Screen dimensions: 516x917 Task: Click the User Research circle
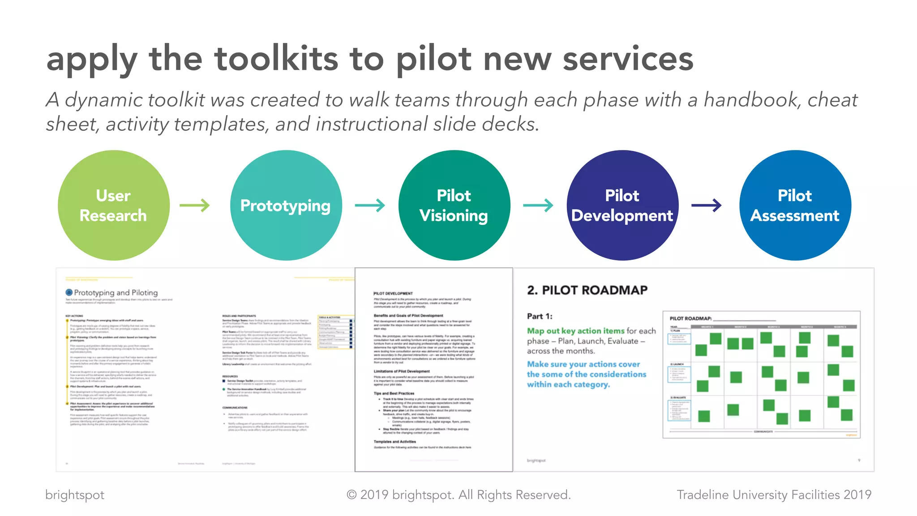click(x=113, y=205)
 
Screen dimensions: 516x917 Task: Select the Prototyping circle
click(x=286, y=205)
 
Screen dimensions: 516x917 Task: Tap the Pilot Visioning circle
click(x=454, y=205)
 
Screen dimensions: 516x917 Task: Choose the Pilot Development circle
click(x=622, y=205)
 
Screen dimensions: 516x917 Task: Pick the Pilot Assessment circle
click(x=795, y=205)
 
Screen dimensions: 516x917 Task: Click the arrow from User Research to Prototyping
click(x=195, y=206)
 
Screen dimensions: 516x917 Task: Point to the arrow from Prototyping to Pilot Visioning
click(x=370, y=206)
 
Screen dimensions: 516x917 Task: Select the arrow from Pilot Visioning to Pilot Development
click(x=538, y=206)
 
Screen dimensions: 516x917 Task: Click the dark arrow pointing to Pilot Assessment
click(x=707, y=206)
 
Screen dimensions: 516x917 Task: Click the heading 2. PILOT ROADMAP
click(x=587, y=290)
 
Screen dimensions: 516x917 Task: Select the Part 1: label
click(x=540, y=316)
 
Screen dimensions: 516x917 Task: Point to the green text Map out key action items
click(x=575, y=331)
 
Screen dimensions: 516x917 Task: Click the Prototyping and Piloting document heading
click(x=116, y=292)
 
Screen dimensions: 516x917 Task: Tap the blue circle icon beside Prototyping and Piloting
click(x=69, y=292)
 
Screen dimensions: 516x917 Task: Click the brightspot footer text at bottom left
click(x=75, y=494)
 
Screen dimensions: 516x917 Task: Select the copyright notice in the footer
click(x=458, y=494)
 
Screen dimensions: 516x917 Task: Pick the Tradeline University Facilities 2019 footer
click(x=774, y=494)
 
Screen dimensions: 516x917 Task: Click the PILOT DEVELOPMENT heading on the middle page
click(x=393, y=293)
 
